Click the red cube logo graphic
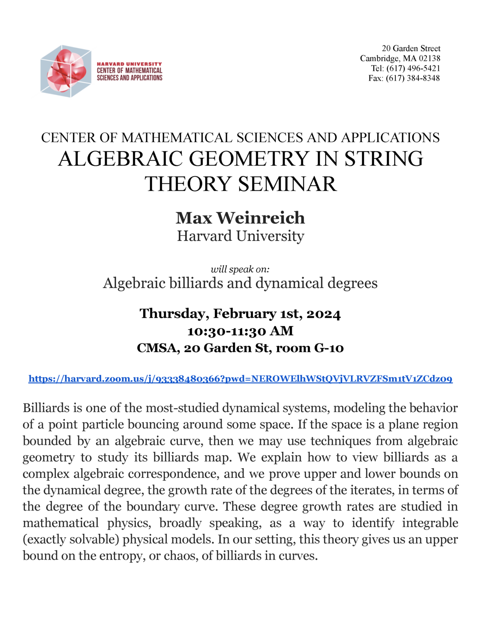point(66,71)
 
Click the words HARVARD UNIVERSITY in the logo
point(129,64)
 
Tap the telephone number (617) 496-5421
point(413,68)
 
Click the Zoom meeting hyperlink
point(240,379)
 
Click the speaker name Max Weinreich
point(240,218)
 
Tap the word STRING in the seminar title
point(384,159)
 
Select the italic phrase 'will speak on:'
point(240,269)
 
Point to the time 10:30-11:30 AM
point(240,331)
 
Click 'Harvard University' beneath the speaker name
point(240,236)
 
